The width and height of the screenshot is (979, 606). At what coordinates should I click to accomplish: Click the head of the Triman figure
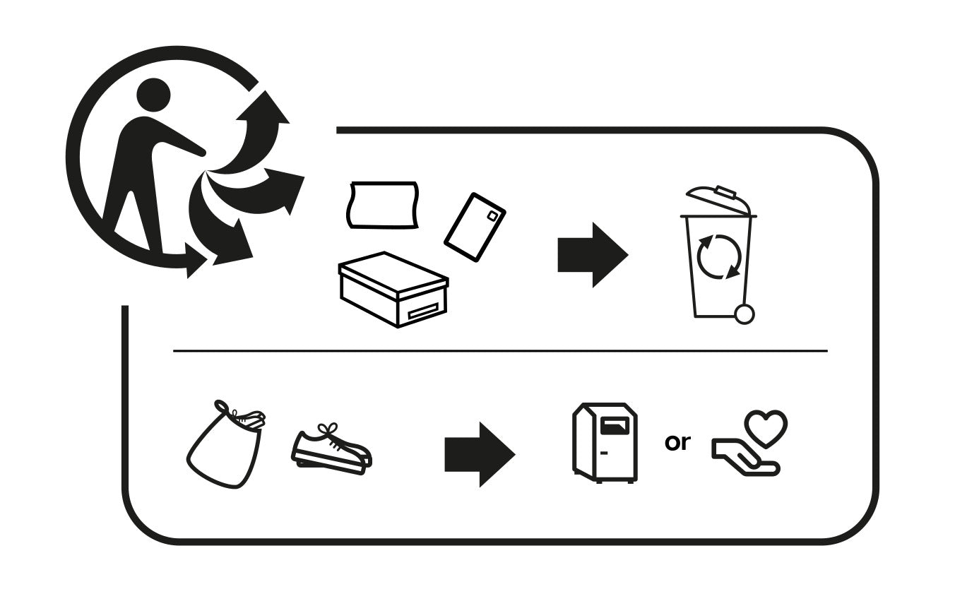click(153, 95)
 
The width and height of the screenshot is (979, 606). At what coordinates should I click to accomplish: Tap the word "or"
click(677, 442)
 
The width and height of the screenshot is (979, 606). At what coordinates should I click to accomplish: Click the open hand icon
click(746, 457)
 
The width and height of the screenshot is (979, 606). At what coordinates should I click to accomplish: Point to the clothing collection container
click(605, 443)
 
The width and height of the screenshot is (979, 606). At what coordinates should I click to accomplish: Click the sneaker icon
click(331, 450)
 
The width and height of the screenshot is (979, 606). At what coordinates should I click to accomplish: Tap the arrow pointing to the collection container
click(480, 454)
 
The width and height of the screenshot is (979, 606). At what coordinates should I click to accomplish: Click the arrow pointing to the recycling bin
click(593, 255)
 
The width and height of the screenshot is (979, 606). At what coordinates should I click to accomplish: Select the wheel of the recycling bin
click(744, 314)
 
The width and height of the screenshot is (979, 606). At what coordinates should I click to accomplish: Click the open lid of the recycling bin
click(718, 201)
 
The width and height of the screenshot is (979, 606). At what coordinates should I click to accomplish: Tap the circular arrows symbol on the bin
click(719, 256)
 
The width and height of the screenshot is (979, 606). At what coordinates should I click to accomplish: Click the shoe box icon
click(393, 290)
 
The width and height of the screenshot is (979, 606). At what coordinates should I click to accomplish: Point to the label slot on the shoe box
click(422, 312)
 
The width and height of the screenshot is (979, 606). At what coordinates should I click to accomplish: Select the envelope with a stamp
click(475, 227)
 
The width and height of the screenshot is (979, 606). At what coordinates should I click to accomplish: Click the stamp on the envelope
click(492, 216)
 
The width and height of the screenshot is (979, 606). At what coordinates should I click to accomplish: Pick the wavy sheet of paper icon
click(383, 205)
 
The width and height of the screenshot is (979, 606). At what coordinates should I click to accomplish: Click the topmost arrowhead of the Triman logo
click(264, 107)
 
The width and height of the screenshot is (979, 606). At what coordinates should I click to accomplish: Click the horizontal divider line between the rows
click(500, 350)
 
